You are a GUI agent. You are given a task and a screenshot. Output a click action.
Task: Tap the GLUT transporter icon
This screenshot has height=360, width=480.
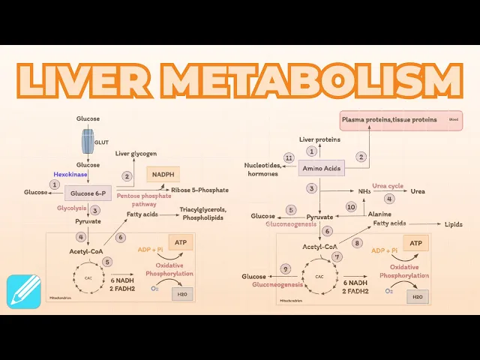click(x=88, y=140)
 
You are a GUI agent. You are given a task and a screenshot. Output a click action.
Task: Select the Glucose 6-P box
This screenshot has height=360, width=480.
click(x=88, y=193)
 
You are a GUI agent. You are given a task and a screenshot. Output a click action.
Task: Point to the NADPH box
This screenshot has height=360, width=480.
click(x=163, y=174)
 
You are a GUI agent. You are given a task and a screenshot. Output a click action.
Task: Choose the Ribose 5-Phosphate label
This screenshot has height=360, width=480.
click(x=199, y=190)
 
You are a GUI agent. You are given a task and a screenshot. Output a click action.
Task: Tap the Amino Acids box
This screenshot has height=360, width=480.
click(x=322, y=169)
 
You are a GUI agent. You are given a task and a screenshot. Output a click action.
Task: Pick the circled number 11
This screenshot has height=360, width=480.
click(x=289, y=157)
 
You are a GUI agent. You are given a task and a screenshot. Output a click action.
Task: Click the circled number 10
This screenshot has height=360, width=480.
click(x=350, y=206)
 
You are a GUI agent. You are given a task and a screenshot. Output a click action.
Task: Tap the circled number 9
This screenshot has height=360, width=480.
click(x=285, y=268)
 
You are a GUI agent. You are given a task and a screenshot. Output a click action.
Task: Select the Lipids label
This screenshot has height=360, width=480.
click(x=454, y=224)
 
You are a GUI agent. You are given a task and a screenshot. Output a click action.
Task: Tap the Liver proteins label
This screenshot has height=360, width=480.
click(x=319, y=139)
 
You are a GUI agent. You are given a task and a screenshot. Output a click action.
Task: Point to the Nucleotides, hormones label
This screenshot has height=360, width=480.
click(x=262, y=169)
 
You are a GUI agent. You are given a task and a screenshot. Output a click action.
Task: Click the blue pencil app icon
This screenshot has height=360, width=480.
click(x=24, y=292)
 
